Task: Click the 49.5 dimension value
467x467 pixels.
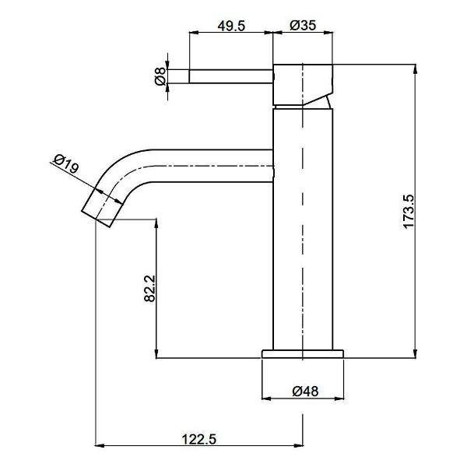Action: (x=231, y=25)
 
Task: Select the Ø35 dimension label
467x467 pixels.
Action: (x=302, y=25)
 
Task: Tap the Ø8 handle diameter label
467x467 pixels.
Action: (x=160, y=76)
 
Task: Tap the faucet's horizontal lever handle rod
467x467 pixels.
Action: (x=231, y=76)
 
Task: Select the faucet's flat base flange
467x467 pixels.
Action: (x=302, y=353)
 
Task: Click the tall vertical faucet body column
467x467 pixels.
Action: (x=304, y=233)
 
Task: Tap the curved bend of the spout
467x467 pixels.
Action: (x=125, y=165)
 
